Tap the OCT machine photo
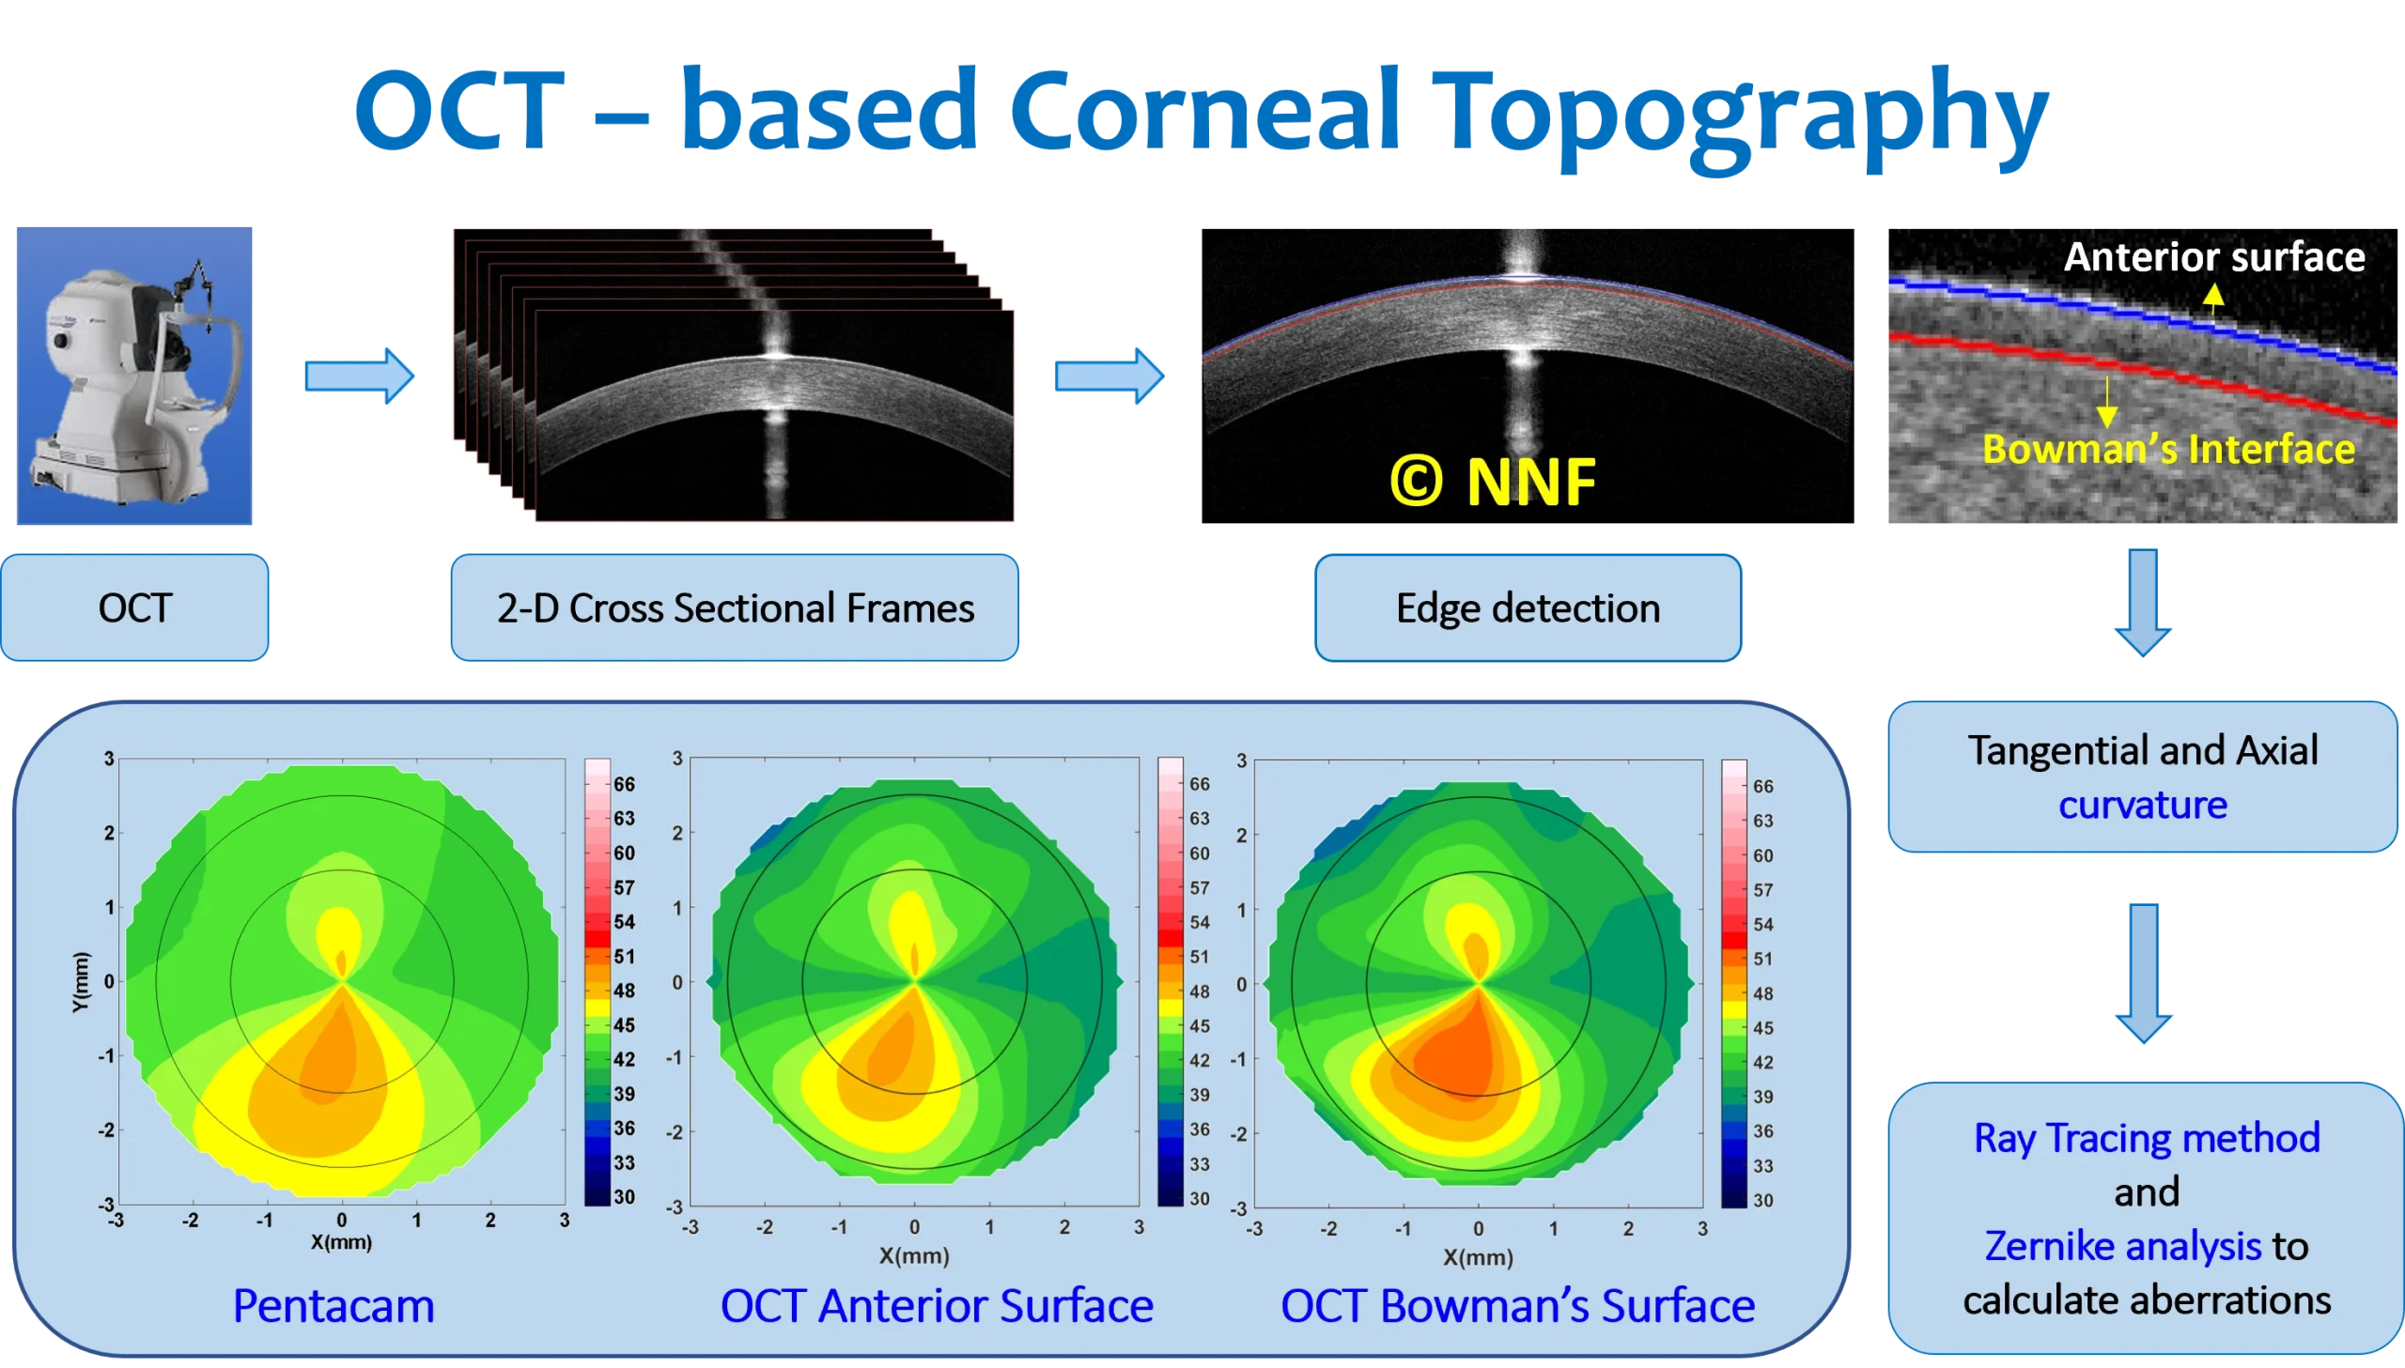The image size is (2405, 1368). tap(135, 375)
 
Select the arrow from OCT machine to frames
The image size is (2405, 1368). tap(359, 376)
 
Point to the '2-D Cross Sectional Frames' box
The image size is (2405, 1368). tap(735, 607)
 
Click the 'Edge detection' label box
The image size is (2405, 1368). tap(1528, 607)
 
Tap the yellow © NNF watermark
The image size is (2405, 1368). tap(1493, 482)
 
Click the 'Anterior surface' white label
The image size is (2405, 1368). tap(2213, 256)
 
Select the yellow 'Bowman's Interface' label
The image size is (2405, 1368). tap(2168, 449)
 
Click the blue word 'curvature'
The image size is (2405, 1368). tap(2143, 806)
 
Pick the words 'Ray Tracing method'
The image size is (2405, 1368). tap(2147, 1138)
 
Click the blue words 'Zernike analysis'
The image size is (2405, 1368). tap(2122, 1246)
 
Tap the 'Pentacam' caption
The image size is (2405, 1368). tap(334, 1306)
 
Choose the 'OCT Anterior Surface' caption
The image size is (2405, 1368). tap(936, 1306)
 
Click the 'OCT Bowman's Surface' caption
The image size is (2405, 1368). tap(1517, 1306)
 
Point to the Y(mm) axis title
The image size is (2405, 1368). tap(81, 982)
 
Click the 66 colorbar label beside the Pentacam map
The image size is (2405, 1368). tap(624, 784)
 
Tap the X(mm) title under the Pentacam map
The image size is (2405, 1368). tap(341, 1242)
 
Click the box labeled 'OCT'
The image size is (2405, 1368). tap(135, 607)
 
